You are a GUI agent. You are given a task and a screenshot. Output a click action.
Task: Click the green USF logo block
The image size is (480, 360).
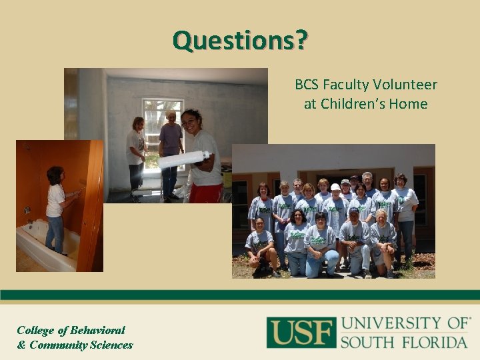pos(300,332)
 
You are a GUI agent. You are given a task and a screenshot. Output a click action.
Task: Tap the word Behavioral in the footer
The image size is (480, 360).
pos(91,330)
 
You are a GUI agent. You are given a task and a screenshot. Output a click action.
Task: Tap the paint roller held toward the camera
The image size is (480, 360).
pos(183,159)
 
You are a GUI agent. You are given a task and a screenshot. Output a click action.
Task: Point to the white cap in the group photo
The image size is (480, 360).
pos(335,187)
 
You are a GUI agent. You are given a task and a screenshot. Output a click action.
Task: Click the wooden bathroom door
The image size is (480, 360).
pos(91,207)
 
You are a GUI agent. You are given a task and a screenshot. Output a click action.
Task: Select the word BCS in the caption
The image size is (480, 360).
pos(307,85)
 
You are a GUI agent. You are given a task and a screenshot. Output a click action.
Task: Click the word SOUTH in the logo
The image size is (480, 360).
pos(365,343)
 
